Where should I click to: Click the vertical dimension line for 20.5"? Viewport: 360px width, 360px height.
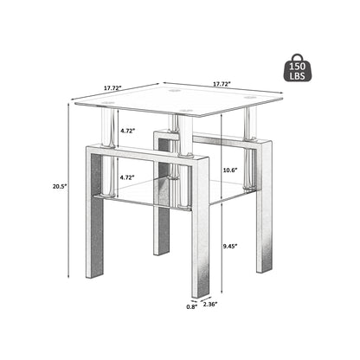pos(68,187)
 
